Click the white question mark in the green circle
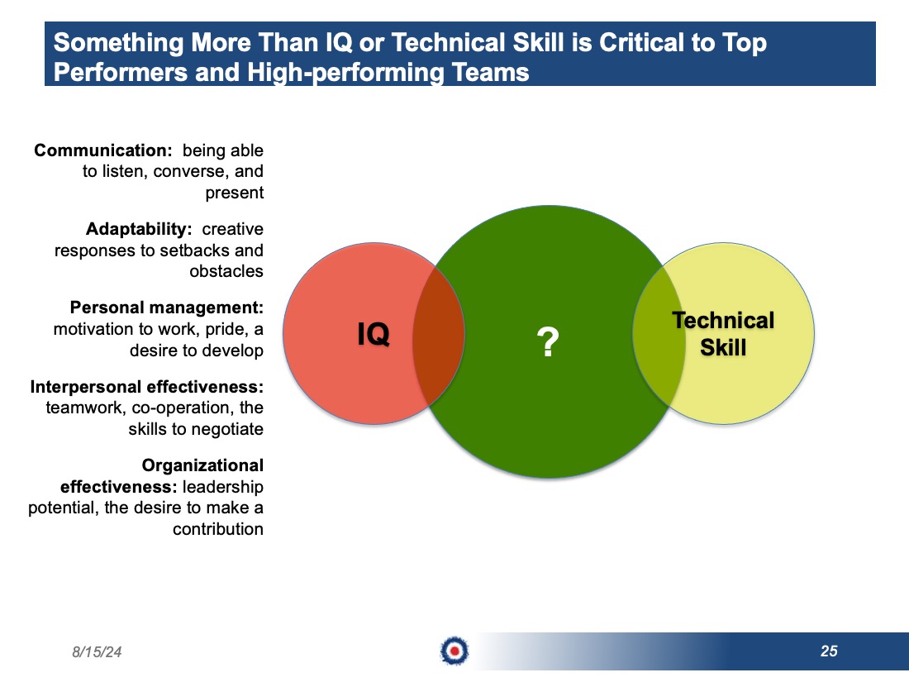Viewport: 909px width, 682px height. tap(548, 341)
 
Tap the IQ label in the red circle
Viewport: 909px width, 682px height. tap(374, 334)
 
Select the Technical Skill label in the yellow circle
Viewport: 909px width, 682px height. tap(723, 333)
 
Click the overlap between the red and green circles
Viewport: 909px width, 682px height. tap(438, 335)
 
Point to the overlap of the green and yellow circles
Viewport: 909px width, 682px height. tap(659, 335)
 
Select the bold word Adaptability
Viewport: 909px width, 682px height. tap(139, 229)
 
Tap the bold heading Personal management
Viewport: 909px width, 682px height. tap(167, 308)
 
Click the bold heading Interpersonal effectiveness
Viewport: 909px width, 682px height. tap(146, 387)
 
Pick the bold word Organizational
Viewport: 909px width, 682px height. tap(202, 465)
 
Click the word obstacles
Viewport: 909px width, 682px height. tap(226, 271)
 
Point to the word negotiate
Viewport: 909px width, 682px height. tap(226, 429)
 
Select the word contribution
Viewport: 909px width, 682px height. tap(218, 529)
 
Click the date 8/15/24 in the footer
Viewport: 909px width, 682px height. tap(97, 652)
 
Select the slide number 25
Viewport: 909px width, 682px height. tap(829, 651)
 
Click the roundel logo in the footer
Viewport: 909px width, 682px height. tap(454, 651)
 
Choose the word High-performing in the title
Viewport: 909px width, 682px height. tap(346, 73)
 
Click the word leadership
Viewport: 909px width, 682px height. tap(222, 487)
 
